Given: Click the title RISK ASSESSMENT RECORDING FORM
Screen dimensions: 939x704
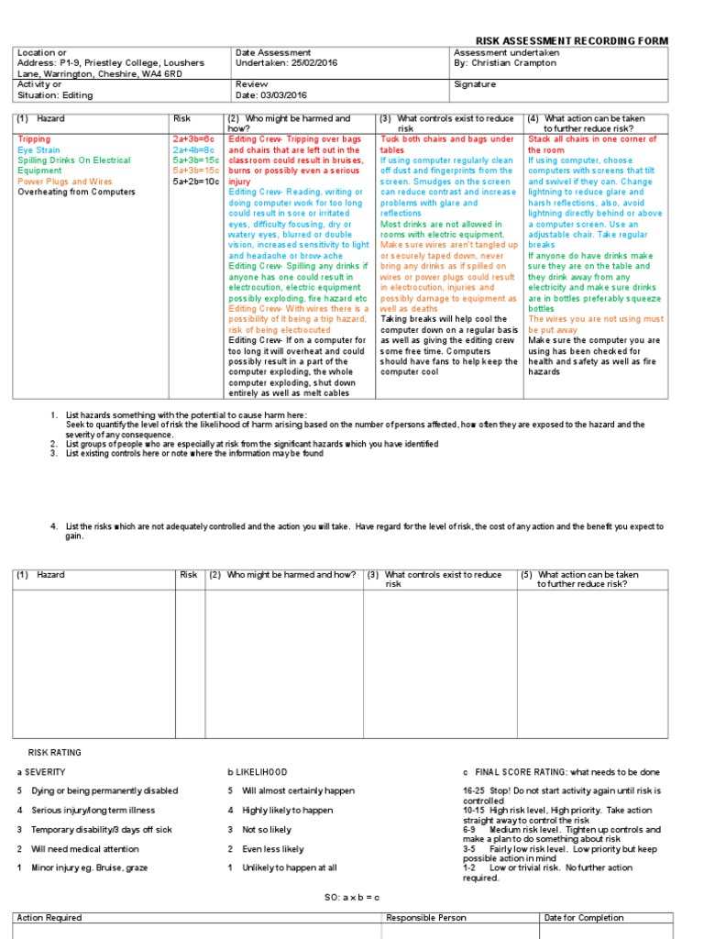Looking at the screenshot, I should pyautogui.click(x=571, y=41).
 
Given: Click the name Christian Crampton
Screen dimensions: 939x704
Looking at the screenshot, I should pyautogui.click(x=515, y=63).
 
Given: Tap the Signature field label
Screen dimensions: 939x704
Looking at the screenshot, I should pyautogui.click(x=475, y=84).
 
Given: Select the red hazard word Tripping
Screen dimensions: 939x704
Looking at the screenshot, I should pyautogui.click(x=34, y=139).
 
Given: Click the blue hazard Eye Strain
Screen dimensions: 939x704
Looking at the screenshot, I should pyautogui.click(x=38, y=149).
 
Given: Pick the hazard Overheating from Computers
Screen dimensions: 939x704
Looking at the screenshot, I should pyautogui.click(x=76, y=192).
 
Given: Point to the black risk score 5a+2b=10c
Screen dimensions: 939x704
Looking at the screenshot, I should pyautogui.click(x=195, y=182).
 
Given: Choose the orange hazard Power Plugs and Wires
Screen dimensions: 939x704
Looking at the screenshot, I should pyautogui.click(x=64, y=182).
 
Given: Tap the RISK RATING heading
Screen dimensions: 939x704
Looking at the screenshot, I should pyautogui.click(x=55, y=753).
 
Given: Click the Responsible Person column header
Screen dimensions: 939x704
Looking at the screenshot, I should pyautogui.click(x=425, y=918).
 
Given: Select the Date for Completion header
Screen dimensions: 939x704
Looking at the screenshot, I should pyautogui.click(x=584, y=918).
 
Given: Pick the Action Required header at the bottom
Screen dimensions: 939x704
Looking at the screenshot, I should pyautogui.click(x=49, y=918).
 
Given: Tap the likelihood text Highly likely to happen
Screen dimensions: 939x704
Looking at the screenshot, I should pyautogui.click(x=287, y=811).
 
